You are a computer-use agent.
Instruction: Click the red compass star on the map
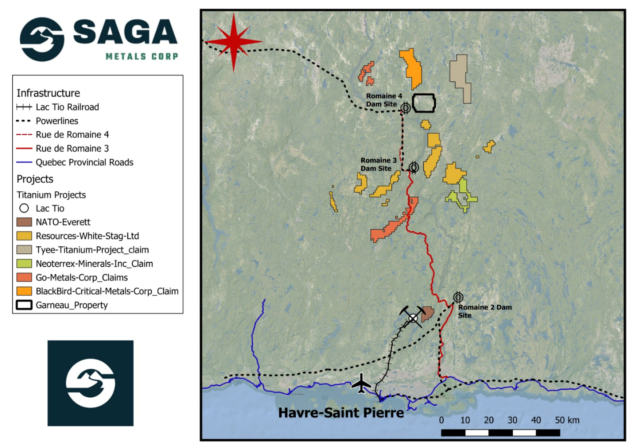pyautogui.click(x=234, y=42)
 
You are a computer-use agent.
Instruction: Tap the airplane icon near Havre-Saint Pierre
pyautogui.click(x=361, y=384)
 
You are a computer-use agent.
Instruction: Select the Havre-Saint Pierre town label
pyautogui.click(x=341, y=413)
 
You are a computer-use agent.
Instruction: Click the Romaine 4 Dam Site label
pyautogui.click(x=383, y=100)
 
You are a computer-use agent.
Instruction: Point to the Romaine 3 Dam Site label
pyautogui.click(x=378, y=164)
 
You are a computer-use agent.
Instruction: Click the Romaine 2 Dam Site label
pyautogui.click(x=484, y=311)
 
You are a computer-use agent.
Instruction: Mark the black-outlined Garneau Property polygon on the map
pyautogui.click(x=423, y=103)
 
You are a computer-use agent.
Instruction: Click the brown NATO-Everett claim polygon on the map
pyautogui.click(x=427, y=314)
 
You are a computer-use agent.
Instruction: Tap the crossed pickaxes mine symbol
pyautogui.click(x=412, y=316)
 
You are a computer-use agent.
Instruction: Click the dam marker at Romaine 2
pyautogui.click(x=458, y=297)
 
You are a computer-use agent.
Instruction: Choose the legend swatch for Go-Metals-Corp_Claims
pyautogui.click(x=24, y=277)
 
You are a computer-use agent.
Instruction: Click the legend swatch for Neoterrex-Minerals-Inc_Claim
pyautogui.click(x=24, y=264)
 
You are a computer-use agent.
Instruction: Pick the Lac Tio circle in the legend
pyautogui.click(x=24, y=208)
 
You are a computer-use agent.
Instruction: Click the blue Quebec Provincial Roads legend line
pyautogui.click(x=24, y=162)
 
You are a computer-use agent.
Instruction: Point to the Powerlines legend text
pyautogui.click(x=57, y=121)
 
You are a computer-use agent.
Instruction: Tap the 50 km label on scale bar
pyautogui.click(x=567, y=420)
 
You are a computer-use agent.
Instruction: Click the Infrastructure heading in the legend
pyautogui.click(x=48, y=93)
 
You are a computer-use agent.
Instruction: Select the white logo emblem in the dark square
pyautogui.click(x=90, y=383)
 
